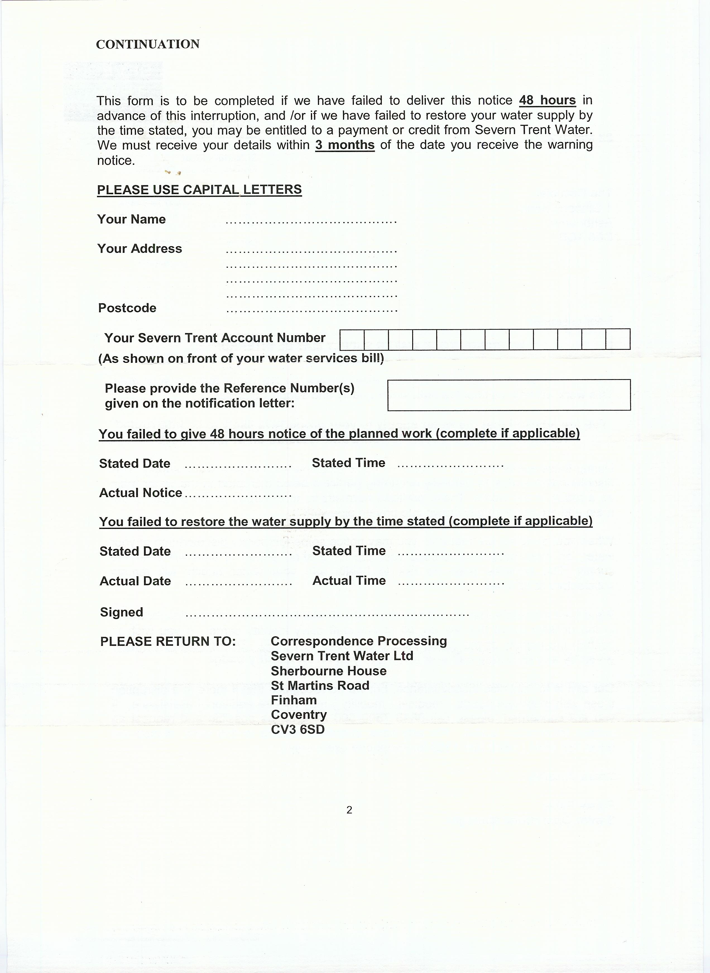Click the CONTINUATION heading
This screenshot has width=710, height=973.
[147, 44]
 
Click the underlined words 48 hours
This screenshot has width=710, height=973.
[547, 100]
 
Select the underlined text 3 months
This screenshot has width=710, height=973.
[345, 145]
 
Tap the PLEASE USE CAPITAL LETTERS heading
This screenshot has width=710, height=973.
[200, 190]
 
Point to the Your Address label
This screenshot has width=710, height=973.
[140, 249]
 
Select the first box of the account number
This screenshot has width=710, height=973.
[352, 339]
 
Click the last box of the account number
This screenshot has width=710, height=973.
[618, 339]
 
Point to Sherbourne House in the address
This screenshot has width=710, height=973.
[328, 671]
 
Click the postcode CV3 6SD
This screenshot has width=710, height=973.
[298, 729]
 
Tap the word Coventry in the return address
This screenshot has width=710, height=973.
[299, 715]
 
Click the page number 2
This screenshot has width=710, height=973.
[349, 810]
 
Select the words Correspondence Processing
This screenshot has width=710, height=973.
[358, 641]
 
